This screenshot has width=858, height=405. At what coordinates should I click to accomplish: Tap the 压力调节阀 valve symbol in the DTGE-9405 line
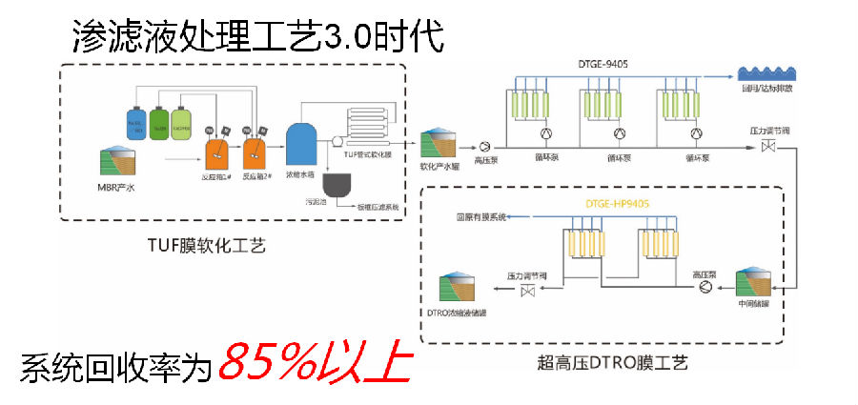click(766, 146)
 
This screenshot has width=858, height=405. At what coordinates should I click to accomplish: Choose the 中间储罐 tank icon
click(752, 288)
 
